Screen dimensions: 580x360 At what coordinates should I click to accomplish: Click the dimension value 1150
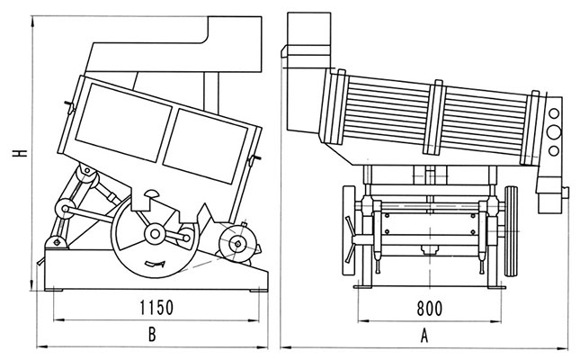pyautogui.click(x=156, y=308)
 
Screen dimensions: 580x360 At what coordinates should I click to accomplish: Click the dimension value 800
pyautogui.click(x=430, y=308)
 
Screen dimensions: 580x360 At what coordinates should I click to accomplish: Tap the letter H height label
pyautogui.click(x=20, y=153)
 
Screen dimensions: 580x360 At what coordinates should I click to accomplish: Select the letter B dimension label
pyautogui.click(x=152, y=335)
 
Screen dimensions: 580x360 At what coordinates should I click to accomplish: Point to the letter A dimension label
pyautogui.click(x=424, y=336)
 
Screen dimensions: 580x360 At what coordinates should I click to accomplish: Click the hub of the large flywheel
pyautogui.click(x=155, y=234)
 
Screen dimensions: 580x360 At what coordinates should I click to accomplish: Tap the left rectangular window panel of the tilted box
pyautogui.click(x=124, y=121)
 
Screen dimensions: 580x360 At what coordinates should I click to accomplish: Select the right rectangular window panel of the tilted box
pyautogui.click(x=205, y=146)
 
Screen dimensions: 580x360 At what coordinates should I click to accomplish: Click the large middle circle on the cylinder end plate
pyautogui.click(x=554, y=132)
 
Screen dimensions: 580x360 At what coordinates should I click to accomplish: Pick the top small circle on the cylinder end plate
pyautogui.click(x=554, y=113)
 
